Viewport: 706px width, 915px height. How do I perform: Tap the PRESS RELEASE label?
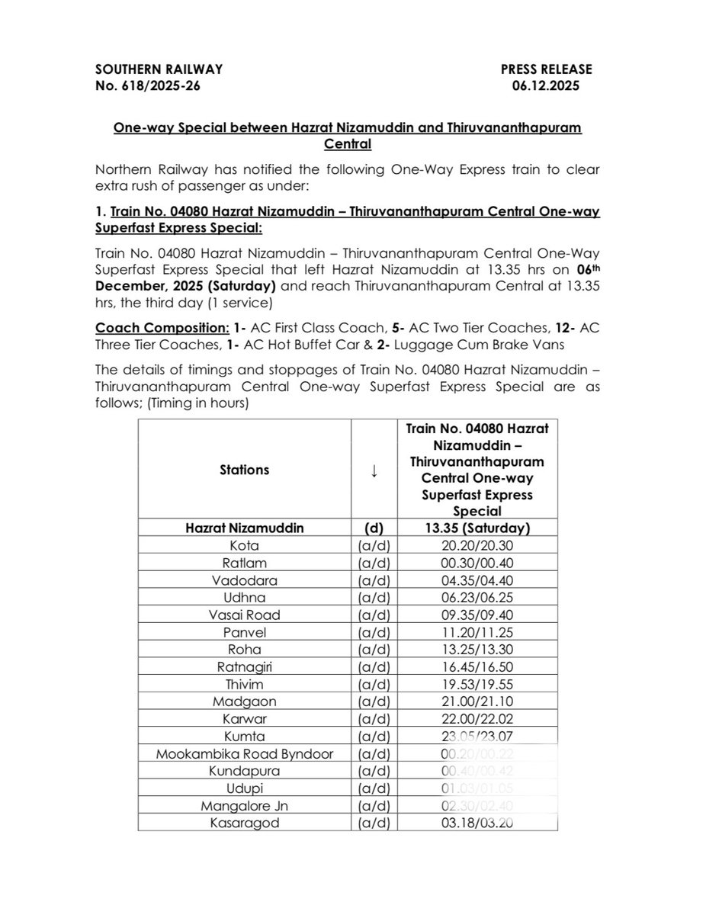[x=546, y=69]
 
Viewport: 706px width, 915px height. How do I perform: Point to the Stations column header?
[x=244, y=470]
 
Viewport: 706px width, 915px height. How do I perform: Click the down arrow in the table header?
[x=374, y=470]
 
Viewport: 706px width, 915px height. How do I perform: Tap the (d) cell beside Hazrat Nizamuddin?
[x=374, y=528]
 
